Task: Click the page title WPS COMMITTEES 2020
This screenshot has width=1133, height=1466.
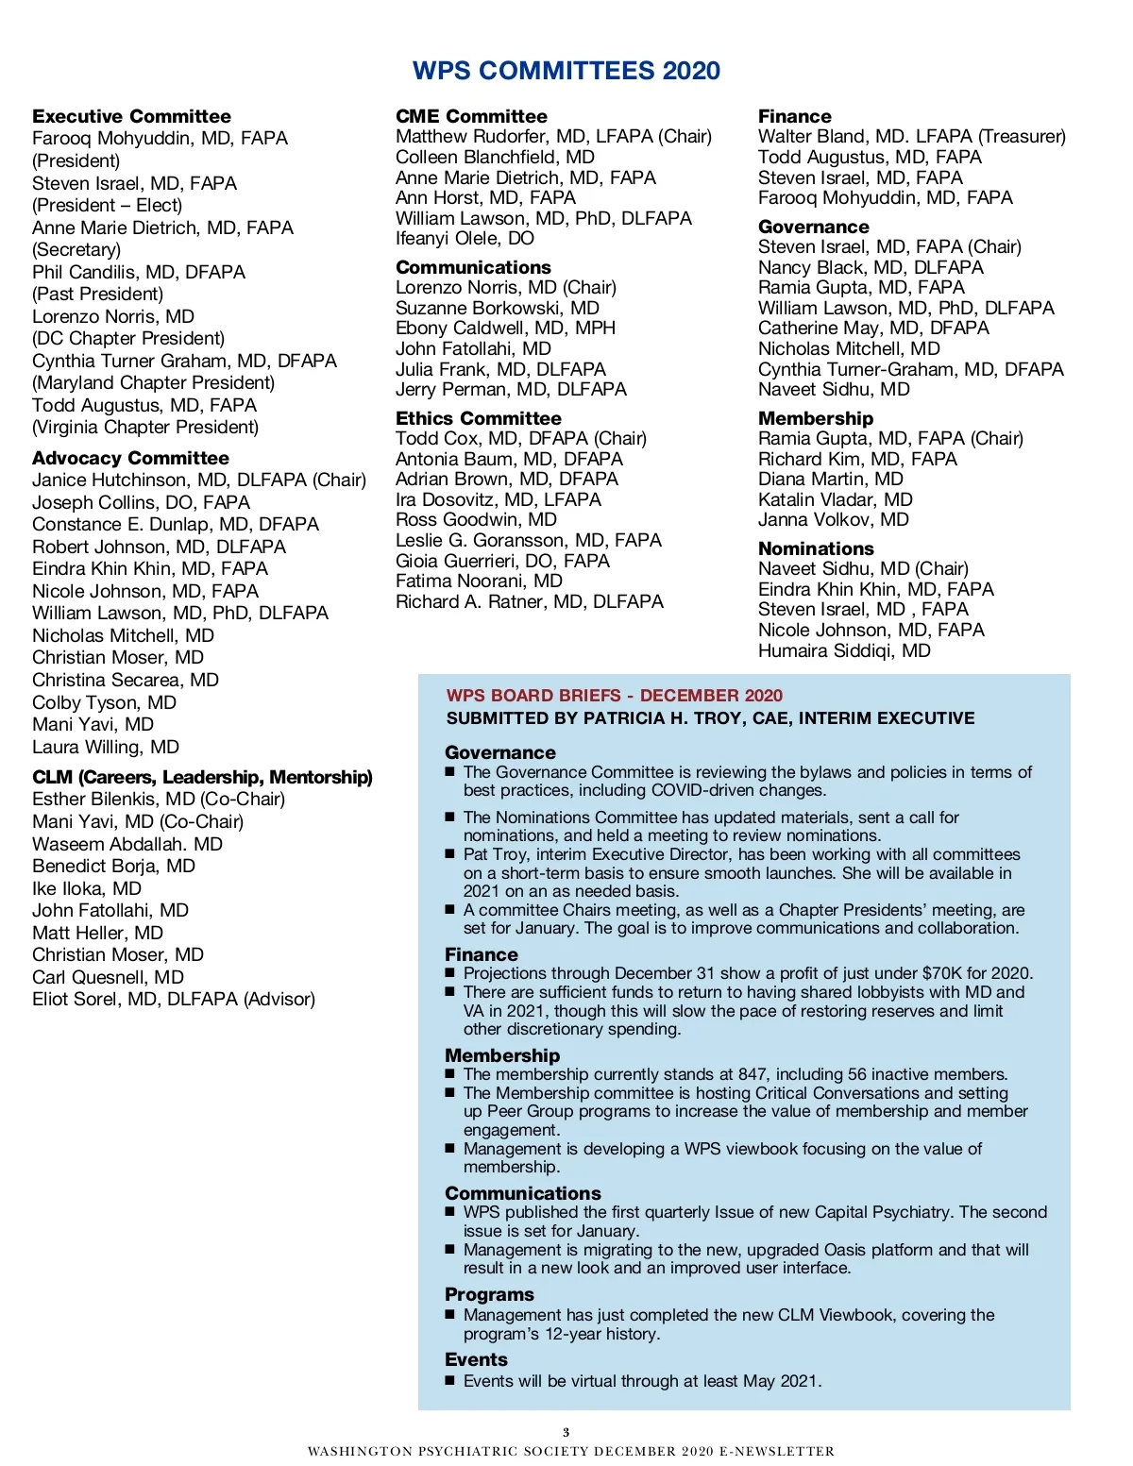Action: coord(566,71)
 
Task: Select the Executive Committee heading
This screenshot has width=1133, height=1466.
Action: coord(131,116)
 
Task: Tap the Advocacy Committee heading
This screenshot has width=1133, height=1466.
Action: coord(130,458)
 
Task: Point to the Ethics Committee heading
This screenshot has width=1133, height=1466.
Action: coord(478,418)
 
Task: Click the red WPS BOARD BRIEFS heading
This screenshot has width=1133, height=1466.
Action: coord(614,696)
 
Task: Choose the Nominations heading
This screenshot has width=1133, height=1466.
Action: coord(816,548)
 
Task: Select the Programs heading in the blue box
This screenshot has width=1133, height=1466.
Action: coord(489,1294)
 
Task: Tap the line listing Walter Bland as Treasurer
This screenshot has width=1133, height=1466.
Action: coord(911,137)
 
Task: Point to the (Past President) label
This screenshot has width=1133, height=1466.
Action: coord(97,294)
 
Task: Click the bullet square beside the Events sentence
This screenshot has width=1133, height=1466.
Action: coord(450,1381)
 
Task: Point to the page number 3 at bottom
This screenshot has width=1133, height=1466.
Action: coord(566,1432)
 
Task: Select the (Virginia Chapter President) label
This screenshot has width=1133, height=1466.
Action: coord(145,427)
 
